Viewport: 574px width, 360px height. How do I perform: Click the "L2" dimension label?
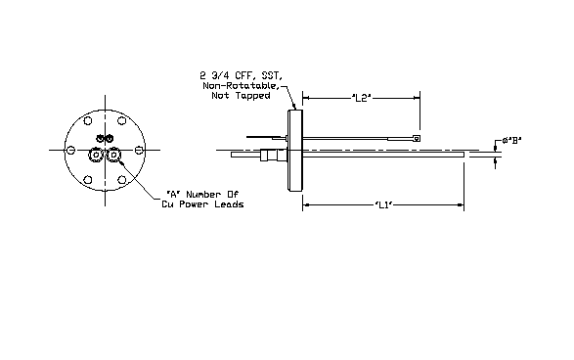(361, 98)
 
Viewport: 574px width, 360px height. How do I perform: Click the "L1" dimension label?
(383, 205)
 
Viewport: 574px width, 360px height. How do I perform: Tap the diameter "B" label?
(511, 140)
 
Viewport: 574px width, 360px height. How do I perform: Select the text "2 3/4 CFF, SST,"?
(242, 75)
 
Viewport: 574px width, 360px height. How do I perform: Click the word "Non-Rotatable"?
(241, 86)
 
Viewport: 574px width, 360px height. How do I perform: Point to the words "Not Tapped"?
(241, 96)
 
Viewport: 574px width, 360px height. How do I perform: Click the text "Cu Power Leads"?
(202, 204)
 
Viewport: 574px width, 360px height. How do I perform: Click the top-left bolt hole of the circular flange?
(88, 120)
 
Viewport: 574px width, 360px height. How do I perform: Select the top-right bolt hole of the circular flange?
(122, 120)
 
